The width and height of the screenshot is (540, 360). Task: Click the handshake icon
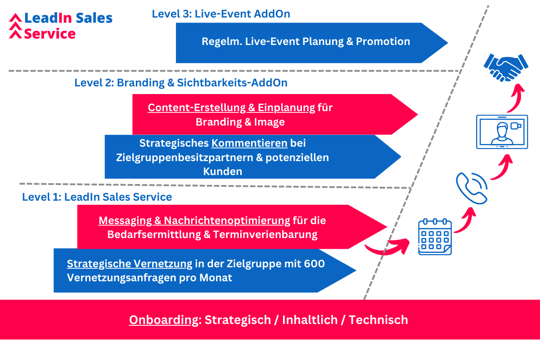(506, 68)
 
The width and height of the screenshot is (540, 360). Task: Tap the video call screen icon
(502, 132)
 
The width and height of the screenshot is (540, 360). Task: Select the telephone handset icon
(471, 188)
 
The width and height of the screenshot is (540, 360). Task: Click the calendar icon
(435, 237)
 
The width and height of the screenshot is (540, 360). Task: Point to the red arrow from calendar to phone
(468, 222)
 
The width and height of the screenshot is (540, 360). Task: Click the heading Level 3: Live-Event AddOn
(221, 14)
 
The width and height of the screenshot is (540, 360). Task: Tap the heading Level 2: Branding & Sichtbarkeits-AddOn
(181, 83)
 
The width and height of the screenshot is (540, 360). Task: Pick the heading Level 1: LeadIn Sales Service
(97, 197)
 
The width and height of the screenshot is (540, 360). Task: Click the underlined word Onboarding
(164, 320)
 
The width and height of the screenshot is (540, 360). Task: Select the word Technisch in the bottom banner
(378, 320)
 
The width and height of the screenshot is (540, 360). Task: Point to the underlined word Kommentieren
(249, 143)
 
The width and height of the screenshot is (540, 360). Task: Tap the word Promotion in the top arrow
(383, 41)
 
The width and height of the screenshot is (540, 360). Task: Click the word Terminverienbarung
(265, 234)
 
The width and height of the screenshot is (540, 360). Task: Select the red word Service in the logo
(50, 34)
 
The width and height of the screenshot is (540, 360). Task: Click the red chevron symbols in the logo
(15, 26)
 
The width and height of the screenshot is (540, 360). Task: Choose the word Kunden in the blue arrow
(222, 172)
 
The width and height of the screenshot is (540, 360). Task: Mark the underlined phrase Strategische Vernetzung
(130, 264)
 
